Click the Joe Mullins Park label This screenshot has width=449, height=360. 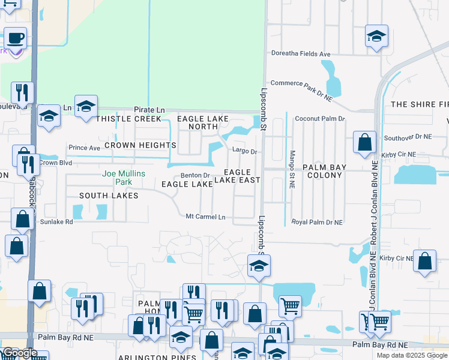(x=123, y=178)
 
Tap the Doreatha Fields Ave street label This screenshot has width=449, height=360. (x=301, y=54)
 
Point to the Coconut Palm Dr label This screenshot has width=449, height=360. (x=319, y=119)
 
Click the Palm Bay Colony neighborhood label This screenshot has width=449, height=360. (x=327, y=172)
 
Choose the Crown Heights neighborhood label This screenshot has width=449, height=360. (x=140, y=145)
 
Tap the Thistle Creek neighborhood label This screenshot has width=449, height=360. (x=128, y=119)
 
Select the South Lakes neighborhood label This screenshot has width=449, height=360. (x=109, y=196)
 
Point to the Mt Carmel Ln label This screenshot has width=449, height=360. (x=205, y=217)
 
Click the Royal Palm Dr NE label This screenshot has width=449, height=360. (x=317, y=222)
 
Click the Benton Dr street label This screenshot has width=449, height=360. (x=195, y=176)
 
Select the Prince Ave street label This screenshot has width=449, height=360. (x=84, y=148)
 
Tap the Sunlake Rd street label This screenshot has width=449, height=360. (x=56, y=221)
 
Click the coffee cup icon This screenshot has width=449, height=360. (x=16, y=39)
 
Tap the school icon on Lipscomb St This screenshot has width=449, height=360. (x=259, y=266)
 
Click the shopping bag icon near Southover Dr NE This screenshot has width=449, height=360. (x=364, y=143)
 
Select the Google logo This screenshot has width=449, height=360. (x=20, y=352)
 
